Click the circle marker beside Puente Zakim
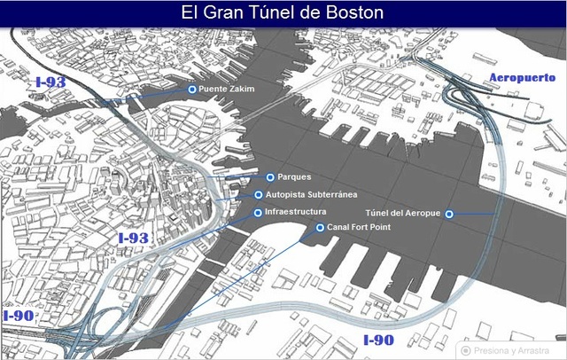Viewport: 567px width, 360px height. click(191, 90)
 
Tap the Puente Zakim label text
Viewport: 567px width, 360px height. click(226, 90)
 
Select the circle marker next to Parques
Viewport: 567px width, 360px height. click(269, 176)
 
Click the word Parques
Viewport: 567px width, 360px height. click(294, 176)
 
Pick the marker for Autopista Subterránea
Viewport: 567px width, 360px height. click(258, 194)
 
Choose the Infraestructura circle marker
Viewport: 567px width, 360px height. click(258, 213)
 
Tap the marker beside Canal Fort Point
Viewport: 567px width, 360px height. click(320, 228)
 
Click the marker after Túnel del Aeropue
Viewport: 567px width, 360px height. click(449, 214)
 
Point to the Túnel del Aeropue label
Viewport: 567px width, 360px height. click(402, 214)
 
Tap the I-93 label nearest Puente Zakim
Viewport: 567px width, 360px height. click(50, 82)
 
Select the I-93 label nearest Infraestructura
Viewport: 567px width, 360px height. click(133, 238)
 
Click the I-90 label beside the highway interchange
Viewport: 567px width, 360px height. click(18, 316)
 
